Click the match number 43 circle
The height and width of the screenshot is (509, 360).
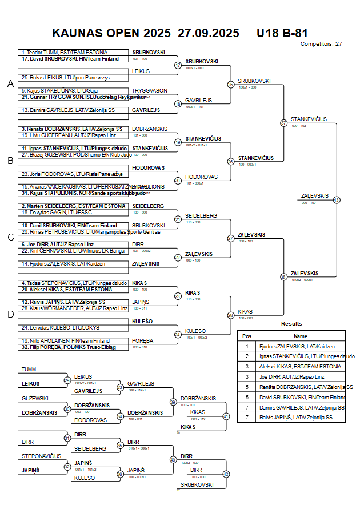coord(337,200)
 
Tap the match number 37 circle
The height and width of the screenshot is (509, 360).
coord(283,123)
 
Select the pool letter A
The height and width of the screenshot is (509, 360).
coord(10,84)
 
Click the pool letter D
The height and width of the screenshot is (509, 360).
coord(10,314)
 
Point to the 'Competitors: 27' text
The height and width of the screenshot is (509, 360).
coord(321,43)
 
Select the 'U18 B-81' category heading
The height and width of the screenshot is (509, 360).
coord(282,33)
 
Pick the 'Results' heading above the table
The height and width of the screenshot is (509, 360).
coord(291,324)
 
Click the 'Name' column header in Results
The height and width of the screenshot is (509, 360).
coord(301,336)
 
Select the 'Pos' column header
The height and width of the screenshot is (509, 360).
coord(247,336)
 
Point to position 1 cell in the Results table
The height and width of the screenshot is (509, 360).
coord(247,346)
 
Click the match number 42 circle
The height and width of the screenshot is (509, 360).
coord(226,474)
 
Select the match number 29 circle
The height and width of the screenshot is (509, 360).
coord(67,380)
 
